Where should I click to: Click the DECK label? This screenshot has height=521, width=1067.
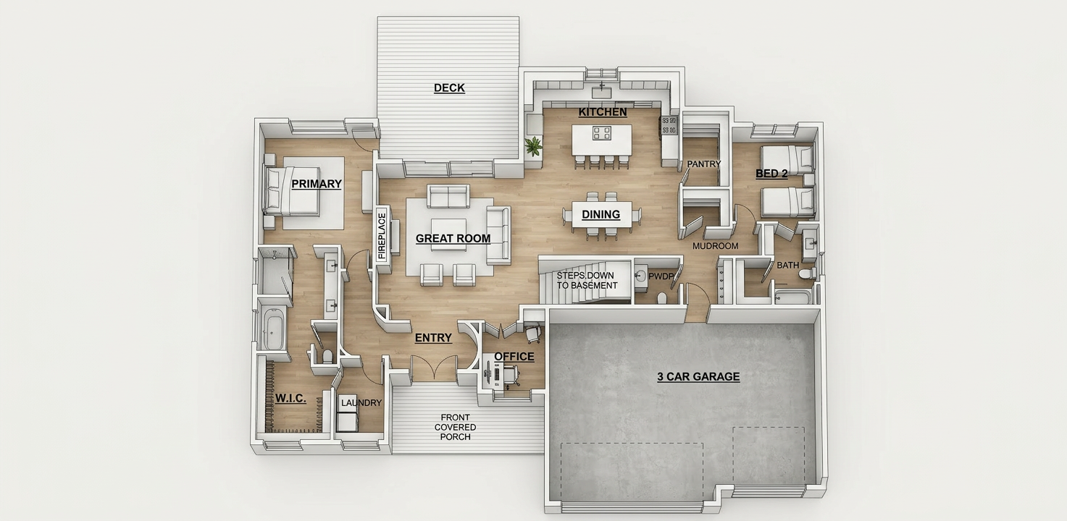tap(449, 88)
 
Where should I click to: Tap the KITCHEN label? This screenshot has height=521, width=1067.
tap(603, 112)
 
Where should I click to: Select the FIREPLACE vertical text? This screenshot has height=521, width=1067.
tap(382, 236)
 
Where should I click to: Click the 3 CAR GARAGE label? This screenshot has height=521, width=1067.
tap(698, 377)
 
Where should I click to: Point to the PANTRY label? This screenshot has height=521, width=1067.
tap(703, 164)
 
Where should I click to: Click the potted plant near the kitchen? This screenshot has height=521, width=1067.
tap(534, 146)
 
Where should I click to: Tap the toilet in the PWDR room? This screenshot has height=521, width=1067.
tap(661, 298)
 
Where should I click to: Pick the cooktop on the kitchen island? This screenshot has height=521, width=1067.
tap(602, 132)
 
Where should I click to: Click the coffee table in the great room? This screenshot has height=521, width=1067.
tap(448, 234)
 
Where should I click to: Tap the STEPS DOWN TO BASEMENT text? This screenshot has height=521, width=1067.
tap(587, 281)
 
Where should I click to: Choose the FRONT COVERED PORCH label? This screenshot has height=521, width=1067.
tap(456, 427)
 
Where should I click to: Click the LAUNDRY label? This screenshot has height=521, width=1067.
tap(361, 403)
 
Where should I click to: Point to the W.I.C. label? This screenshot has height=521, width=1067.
tap(290, 398)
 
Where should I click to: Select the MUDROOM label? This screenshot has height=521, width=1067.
tap(716, 246)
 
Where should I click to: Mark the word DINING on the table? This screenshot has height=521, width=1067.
tap(601, 215)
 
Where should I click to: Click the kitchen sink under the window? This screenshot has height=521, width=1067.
tap(602, 91)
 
